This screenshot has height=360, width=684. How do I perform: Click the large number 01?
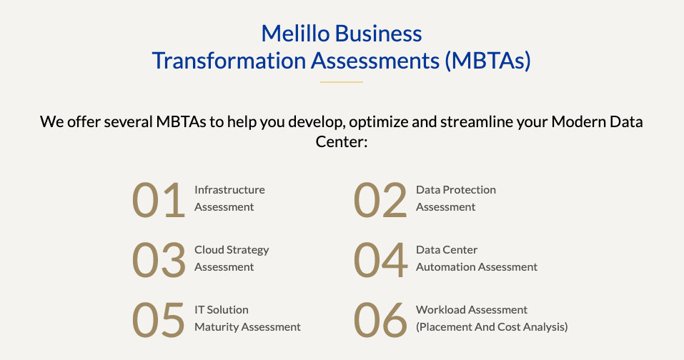pyautogui.click(x=159, y=200)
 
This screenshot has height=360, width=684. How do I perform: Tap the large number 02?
pyautogui.click(x=380, y=200)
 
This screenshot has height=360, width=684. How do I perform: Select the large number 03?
pyautogui.click(x=159, y=260)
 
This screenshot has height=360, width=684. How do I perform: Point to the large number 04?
pyautogui.click(x=380, y=260)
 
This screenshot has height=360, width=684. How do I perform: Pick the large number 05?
pyautogui.click(x=159, y=320)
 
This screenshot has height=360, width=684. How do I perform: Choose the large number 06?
pyautogui.click(x=380, y=320)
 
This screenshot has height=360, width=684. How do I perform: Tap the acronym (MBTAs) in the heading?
pyautogui.click(x=487, y=60)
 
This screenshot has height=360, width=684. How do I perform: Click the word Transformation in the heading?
pyautogui.click(x=229, y=60)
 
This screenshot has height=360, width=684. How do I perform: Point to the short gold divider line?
pyautogui.click(x=342, y=81)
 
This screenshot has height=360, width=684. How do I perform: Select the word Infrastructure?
pyautogui.click(x=229, y=189)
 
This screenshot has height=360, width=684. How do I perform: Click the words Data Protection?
pyautogui.click(x=456, y=189)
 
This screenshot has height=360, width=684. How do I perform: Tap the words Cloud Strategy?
pyautogui.click(x=232, y=250)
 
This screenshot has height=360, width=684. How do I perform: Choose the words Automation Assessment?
pyautogui.click(x=477, y=266)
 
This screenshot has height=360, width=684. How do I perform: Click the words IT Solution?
pyautogui.click(x=222, y=310)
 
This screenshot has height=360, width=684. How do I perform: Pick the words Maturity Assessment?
pyautogui.click(x=248, y=327)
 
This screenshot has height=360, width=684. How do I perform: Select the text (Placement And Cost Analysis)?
pyautogui.click(x=492, y=327)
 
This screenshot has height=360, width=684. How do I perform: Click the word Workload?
pyautogui.click(x=440, y=310)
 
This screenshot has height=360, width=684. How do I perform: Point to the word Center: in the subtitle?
pyautogui.click(x=342, y=141)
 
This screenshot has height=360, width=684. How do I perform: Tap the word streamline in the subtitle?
pyautogui.click(x=476, y=121)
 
